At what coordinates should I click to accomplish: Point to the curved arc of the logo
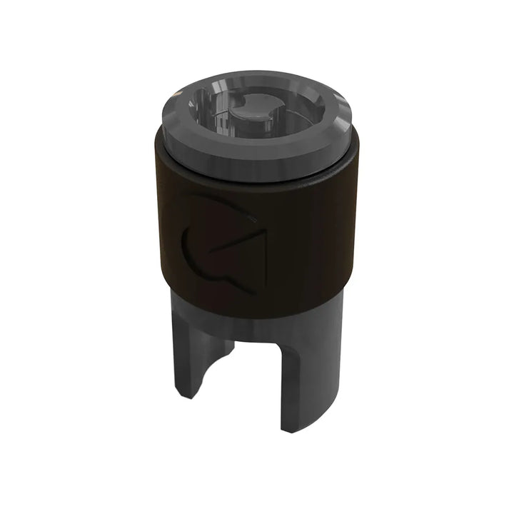tap(191, 253)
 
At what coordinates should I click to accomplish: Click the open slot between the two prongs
tap(253, 378)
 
